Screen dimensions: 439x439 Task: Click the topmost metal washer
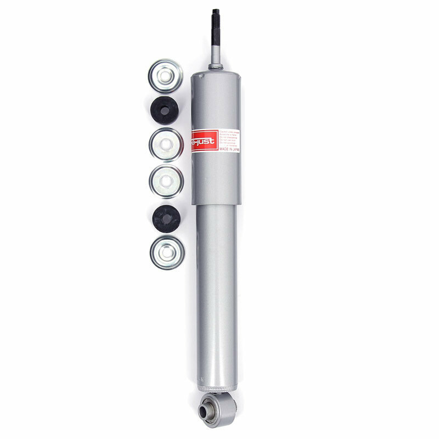[x=166, y=75]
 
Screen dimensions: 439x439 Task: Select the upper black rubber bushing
[x=165, y=109]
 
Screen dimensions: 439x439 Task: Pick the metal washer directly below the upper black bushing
[x=166, y=144]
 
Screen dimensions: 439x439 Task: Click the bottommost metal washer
[x=167, y=252]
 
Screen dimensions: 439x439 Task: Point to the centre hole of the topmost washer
[x=166, y=75]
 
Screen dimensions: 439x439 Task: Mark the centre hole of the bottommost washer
[x=167, y=253]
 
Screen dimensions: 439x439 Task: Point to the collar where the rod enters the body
[x=216, y=67]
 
